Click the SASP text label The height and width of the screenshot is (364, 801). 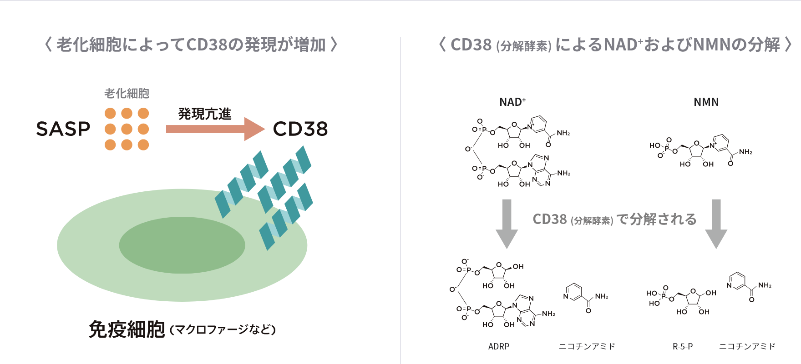63,129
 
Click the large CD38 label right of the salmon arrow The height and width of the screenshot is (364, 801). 300,130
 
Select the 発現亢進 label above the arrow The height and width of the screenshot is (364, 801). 204,114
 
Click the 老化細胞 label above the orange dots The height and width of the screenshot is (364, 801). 127,94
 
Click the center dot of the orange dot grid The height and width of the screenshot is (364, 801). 127,129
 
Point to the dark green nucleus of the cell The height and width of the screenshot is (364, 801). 182,245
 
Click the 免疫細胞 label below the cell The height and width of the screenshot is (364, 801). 127,329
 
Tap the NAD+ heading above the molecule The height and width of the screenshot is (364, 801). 512,102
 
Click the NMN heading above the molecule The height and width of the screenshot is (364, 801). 706,102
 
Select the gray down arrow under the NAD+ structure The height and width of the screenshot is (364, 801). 507,223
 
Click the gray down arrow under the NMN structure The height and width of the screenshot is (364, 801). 716,223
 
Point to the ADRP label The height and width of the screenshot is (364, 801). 499,346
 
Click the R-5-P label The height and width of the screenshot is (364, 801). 683,346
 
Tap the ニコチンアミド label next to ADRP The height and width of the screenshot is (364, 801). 587,346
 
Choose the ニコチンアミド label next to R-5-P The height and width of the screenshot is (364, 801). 747,346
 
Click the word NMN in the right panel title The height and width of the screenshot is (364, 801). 710,45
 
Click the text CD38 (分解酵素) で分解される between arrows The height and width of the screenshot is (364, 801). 614,219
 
